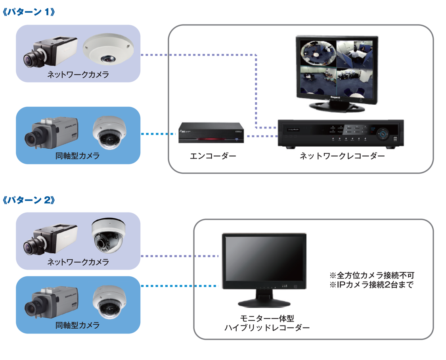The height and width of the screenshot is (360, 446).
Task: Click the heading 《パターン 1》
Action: coord(29,12)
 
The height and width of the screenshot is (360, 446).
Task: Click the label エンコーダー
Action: coord(213,156)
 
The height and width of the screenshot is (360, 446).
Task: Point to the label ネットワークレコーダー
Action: coord(342,156)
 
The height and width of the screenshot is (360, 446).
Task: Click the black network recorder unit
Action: coord(340,134)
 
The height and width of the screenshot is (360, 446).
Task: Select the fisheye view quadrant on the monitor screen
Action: coord(318,53)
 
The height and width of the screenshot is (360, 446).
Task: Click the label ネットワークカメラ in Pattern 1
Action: coord(78,75)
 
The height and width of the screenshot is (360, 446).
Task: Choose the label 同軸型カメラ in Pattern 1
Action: coord(78,156)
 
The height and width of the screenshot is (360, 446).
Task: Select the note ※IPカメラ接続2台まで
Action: coord(371,285)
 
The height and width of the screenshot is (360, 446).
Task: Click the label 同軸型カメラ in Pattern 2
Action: coord(78,325)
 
